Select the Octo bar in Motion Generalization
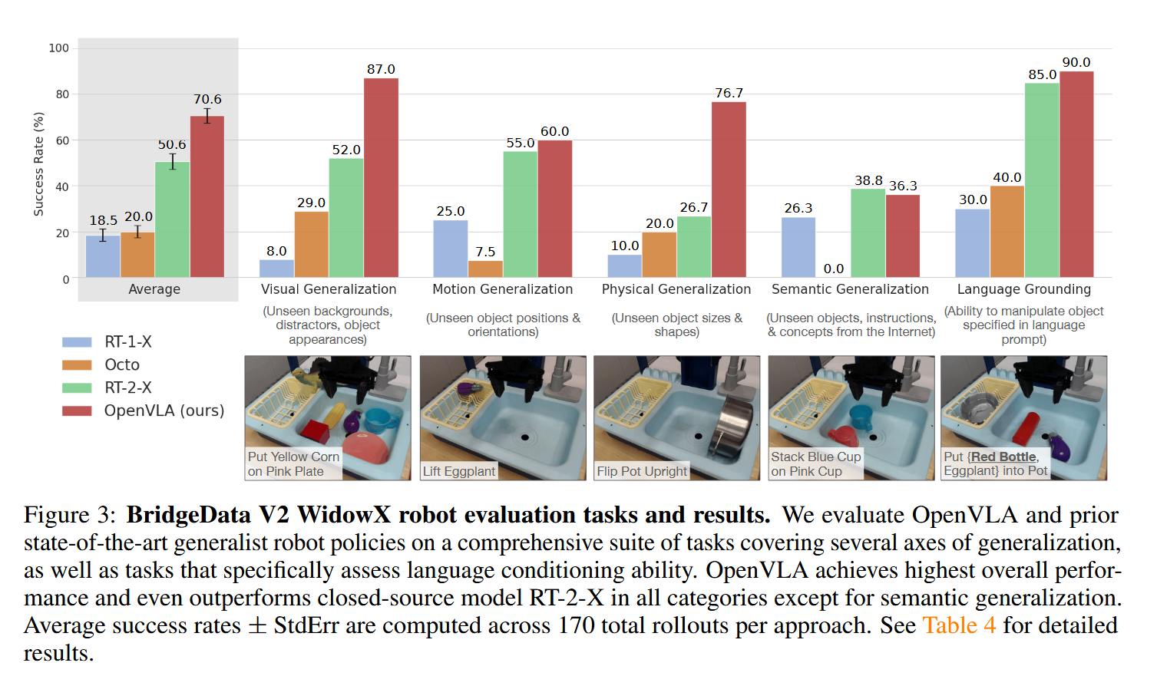coord(485,269)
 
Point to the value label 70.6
coord(207,100)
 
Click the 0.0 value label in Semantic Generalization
coord(833,269)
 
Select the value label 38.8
coord(868,180)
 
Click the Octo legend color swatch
coord(77,365)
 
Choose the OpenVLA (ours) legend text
coord(164,411)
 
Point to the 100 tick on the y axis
coord(59,48)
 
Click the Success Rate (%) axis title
coord(38,163)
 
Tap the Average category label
coord(154,289)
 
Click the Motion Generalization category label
coord(502,289)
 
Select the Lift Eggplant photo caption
coord(459,471)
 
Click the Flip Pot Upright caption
coord(642,471)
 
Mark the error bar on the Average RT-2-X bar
coord(173,161)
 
